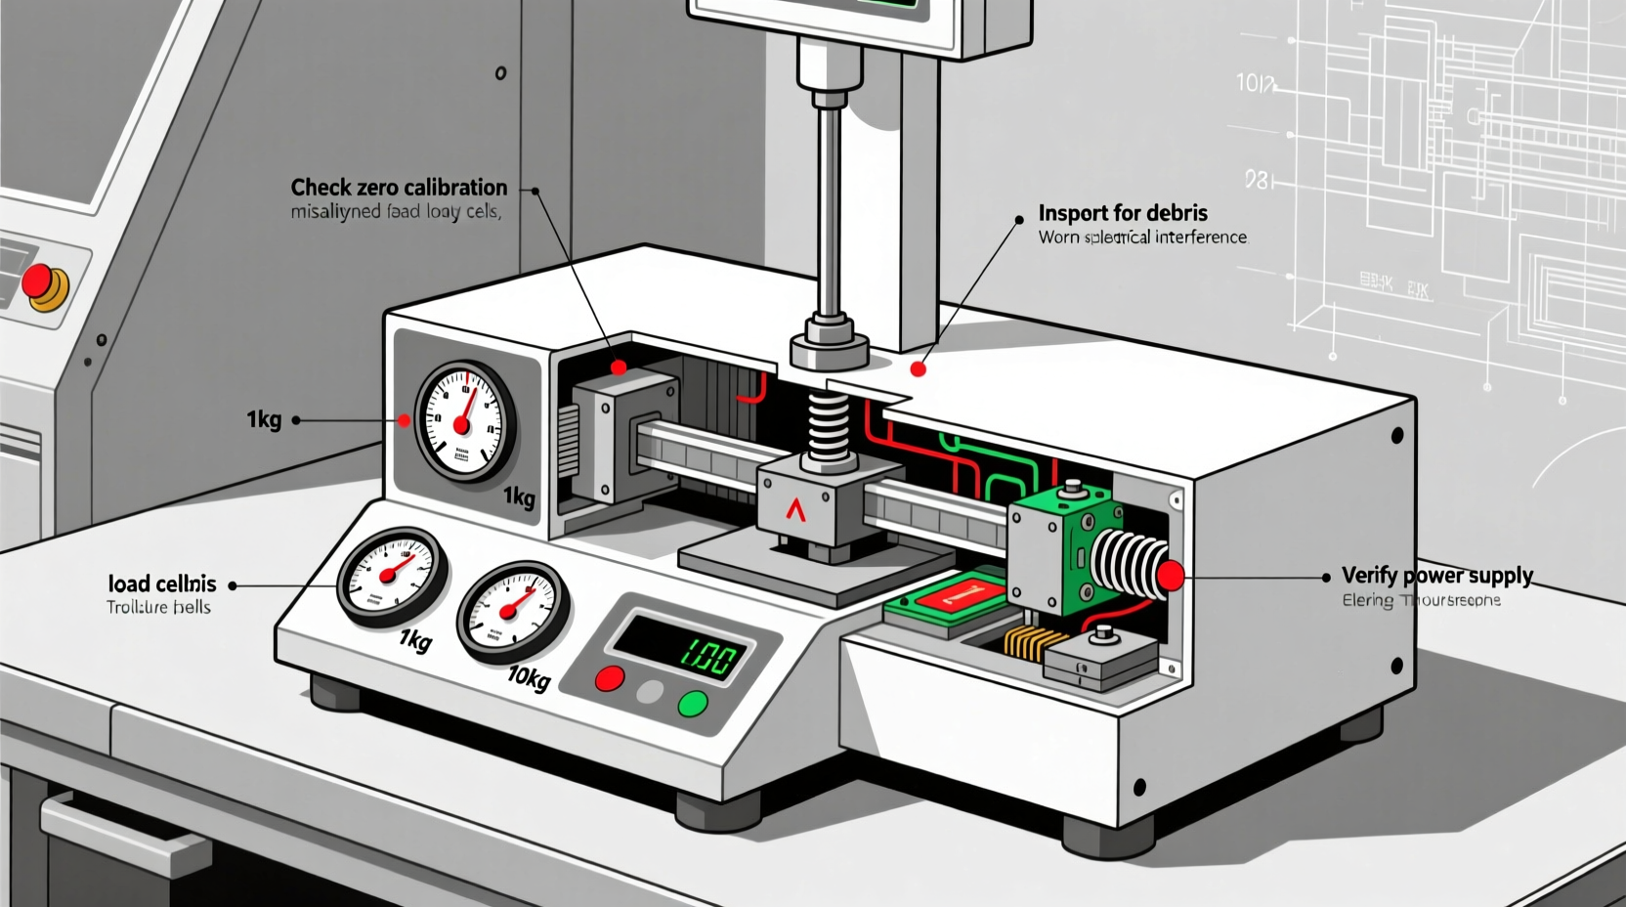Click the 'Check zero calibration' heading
(399, 187)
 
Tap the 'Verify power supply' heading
(1436, 575)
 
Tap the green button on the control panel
(693, 703)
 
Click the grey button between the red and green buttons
(650, 693)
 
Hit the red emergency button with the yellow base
(40, 281)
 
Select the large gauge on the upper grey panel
(465, 421)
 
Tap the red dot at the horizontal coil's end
(1171, 577)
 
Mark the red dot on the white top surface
(918, 368)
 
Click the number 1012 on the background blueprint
(1256, 84)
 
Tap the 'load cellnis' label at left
(161, 584)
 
